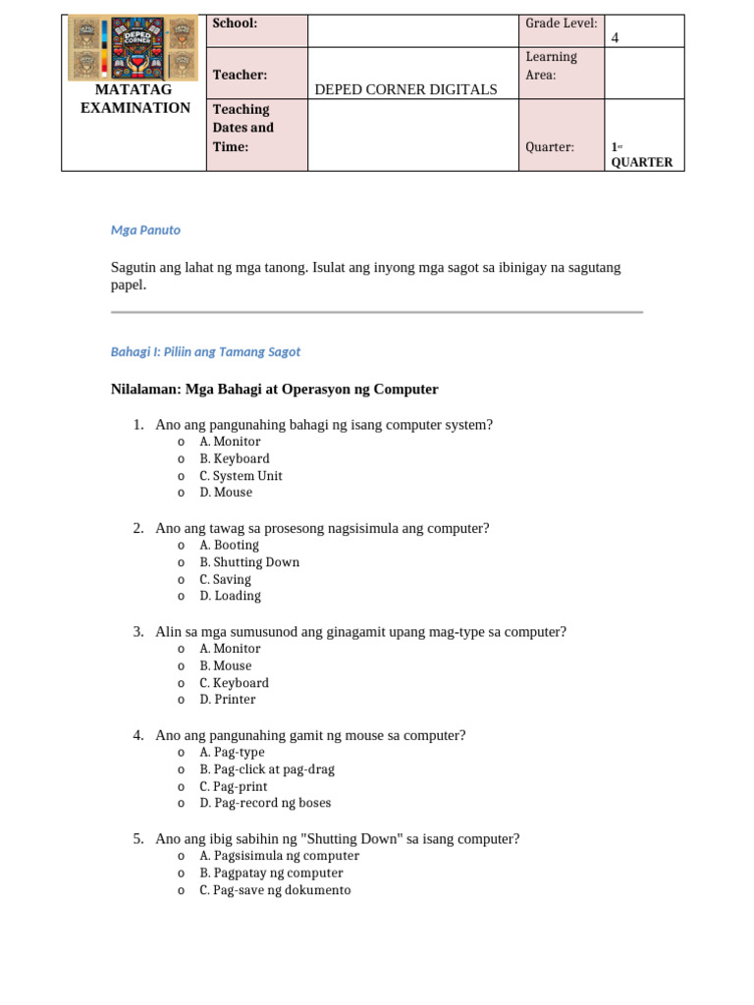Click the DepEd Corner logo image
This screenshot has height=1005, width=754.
[x=134, y=48]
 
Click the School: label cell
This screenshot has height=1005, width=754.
[x=236, y=24]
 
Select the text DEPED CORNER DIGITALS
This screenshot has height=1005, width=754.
[x=405, y=89]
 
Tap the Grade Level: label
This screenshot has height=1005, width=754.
[x=562, y=24]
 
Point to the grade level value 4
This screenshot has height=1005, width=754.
[x=616, y=38]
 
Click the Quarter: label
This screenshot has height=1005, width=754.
[x=550, y=147]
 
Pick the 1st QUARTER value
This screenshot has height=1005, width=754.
[x=641, y=155]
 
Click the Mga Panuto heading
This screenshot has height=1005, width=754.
[x=145, y=230]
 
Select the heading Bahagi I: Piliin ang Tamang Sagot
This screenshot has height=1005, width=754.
[x=205, y=351]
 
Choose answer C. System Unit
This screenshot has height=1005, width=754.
[x=241, y=476]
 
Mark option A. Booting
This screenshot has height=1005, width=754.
[x=229, y=546]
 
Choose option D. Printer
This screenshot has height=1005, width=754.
[x=227, y=700]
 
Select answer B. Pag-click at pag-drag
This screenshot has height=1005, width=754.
[x=261, y=769]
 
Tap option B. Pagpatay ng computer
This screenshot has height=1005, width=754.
[x=271, y=873]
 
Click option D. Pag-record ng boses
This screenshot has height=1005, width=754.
[x=265, y=803]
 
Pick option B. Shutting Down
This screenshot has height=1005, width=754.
[x=249, y=562]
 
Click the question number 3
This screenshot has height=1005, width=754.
[x=138, y=632]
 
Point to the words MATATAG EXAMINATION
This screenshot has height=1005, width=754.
[x=135, y=99]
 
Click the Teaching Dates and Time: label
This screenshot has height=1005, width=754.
[x=243, y=128]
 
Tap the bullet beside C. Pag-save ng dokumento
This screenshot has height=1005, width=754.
[x=182, y=891]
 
